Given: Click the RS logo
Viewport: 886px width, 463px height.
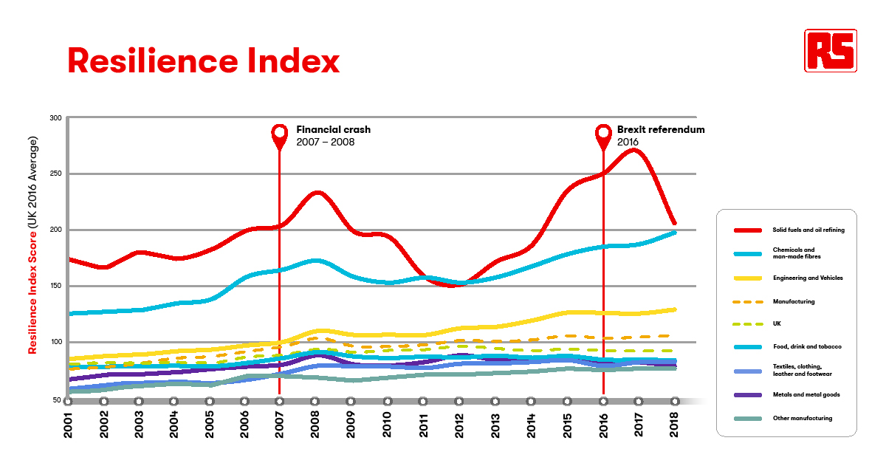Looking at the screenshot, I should coord(831,50).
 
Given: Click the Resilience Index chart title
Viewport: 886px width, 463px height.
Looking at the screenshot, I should coord(204,61).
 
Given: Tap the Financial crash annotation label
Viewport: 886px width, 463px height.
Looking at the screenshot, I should coord(333,135).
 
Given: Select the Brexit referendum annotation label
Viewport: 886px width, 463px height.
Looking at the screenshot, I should coord(660,135).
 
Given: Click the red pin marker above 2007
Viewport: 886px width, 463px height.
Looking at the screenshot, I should coord(279,134).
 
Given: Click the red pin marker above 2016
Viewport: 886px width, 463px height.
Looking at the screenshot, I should coord(603,134).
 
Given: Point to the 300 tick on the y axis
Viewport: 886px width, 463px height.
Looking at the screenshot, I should coord(55,118).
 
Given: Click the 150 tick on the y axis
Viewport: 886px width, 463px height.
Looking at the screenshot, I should coord(55,287).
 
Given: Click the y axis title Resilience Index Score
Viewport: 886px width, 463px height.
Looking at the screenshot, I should coord(32,255).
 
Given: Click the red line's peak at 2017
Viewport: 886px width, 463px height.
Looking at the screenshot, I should coord(634,151).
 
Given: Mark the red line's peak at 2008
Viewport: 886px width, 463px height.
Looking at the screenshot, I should coord(317,193).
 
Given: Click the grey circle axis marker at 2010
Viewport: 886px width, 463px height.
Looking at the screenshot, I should coord(387,401).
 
